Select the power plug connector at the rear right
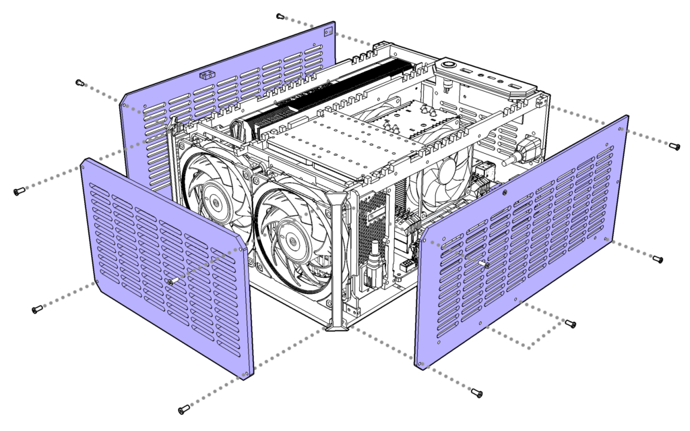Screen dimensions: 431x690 [x=523, y=151]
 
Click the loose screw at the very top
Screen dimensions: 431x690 [x=280, y=16]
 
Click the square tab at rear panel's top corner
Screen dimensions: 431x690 [x=329, y=30]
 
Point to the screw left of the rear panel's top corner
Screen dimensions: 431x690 [x=80, y=83]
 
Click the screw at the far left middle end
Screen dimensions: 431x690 [x=18, y=192]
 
